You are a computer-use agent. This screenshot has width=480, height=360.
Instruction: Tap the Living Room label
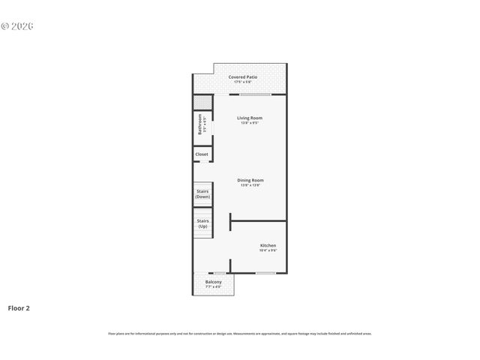250,118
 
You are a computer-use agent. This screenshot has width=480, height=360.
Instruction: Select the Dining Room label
250,180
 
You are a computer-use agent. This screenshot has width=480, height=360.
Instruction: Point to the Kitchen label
268,245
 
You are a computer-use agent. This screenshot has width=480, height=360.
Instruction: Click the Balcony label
214,282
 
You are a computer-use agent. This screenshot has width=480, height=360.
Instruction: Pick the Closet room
202,154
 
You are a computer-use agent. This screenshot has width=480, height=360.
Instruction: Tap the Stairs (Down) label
202,193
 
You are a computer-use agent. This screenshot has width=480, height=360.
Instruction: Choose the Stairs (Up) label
202,223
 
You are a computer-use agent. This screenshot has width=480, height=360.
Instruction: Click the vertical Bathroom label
200,124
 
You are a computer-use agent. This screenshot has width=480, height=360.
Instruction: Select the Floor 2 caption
19,307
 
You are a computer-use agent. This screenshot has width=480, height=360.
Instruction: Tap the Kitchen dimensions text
268,250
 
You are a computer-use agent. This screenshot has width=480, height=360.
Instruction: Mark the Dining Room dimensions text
250,185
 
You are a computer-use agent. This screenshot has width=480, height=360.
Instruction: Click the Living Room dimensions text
250,123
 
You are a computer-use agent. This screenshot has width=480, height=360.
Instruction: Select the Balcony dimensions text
214,287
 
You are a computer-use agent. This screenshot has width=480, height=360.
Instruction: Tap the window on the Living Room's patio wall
255,94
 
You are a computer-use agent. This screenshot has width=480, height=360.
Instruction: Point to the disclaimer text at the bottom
240,333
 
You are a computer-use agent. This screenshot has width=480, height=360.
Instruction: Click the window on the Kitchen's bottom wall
265,273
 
